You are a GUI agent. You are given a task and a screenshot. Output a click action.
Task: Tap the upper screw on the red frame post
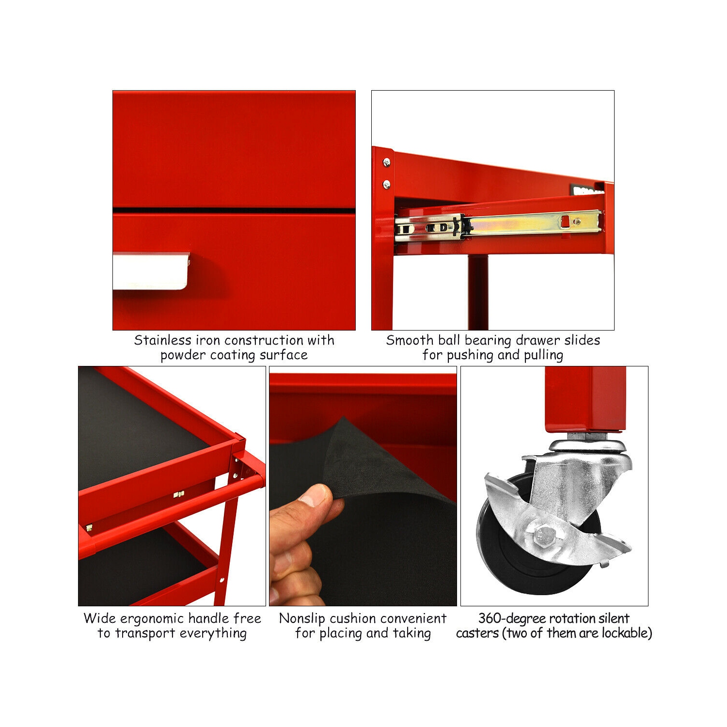point(387,162)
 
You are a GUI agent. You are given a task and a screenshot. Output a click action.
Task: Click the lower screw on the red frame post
point(387,184)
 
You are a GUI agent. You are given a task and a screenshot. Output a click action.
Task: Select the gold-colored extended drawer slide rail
point(533,223)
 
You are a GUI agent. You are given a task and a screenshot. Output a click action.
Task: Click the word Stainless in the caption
point(162,340)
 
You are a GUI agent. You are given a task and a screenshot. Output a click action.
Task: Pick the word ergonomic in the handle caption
point(152,619)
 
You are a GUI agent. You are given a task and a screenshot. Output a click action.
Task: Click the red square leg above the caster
point(585,397)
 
